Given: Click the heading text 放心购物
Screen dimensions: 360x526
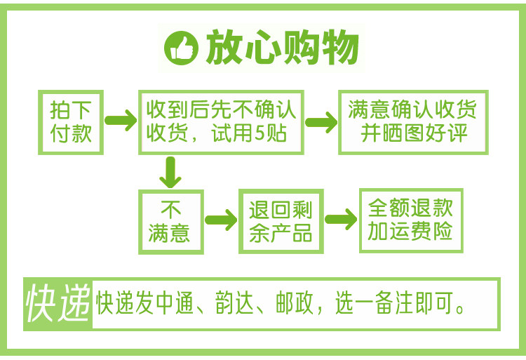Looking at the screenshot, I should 283,48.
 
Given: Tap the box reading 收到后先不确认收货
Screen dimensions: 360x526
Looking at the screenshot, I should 221,121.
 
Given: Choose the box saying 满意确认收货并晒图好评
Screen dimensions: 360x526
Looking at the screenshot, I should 414,121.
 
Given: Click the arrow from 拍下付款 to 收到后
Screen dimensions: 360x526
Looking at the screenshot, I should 120,120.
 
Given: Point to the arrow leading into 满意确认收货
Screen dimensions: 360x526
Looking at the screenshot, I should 321,121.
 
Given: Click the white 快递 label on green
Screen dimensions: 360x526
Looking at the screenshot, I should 58,303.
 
